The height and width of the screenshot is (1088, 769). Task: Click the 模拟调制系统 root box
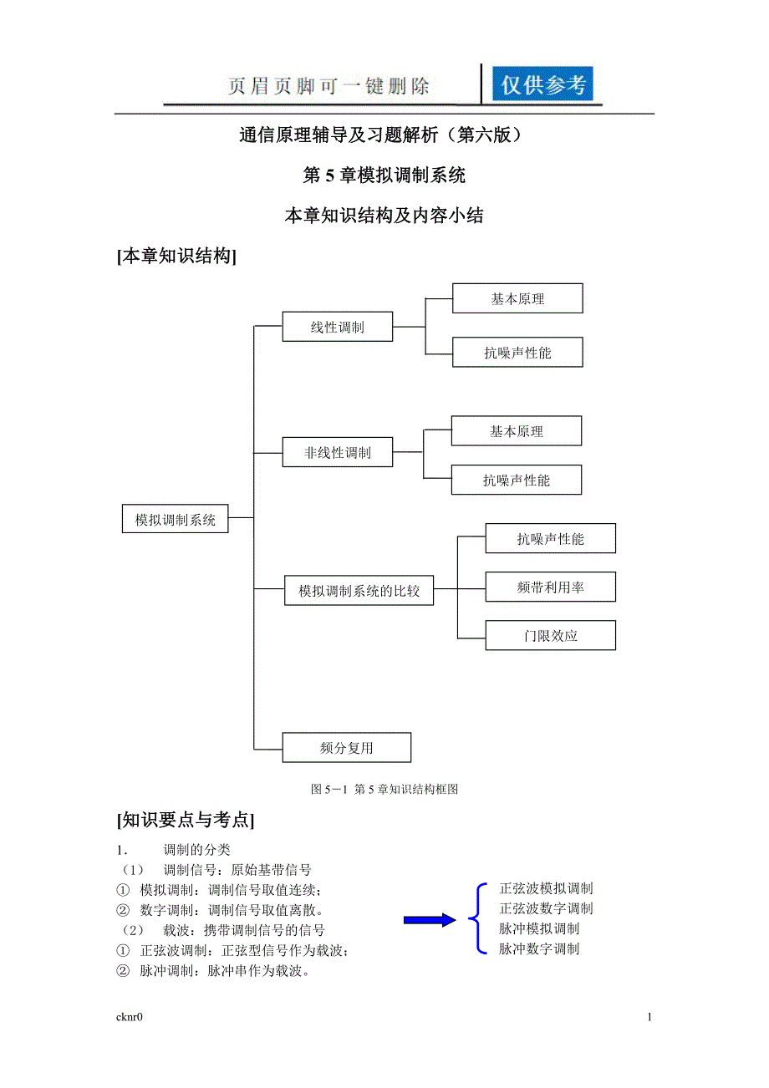tap(176, 519)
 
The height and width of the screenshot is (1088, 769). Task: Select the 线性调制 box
tap(337, 327)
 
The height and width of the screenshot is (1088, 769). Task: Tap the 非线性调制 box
tap(337, 453)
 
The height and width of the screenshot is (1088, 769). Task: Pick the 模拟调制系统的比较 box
tap(359, 592)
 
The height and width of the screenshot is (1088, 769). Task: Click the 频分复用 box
tap(346, 748)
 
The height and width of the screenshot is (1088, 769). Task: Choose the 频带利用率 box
tap(550, 587)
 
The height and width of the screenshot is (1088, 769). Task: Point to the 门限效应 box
tap(550, 636)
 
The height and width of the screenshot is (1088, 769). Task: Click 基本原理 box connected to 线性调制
tap(517, 298)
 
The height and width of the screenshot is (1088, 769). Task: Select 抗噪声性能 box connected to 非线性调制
tap(517, 480)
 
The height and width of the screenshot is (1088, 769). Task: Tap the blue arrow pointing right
tap(430, 920)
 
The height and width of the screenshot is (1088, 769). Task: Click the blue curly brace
tap(479, 918)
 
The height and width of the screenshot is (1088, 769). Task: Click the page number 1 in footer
tap(649, 1017)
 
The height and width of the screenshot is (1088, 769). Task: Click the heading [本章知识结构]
tap(177, 257)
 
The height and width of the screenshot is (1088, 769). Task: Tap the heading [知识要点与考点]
tap(186, 820)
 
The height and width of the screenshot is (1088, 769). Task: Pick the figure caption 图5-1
tap(384, 789)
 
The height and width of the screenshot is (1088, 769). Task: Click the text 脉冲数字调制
tap(539, 948)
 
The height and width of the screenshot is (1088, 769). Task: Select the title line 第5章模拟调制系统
tap(384, 175)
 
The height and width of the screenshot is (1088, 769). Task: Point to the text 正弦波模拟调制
tap(546, 888)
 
